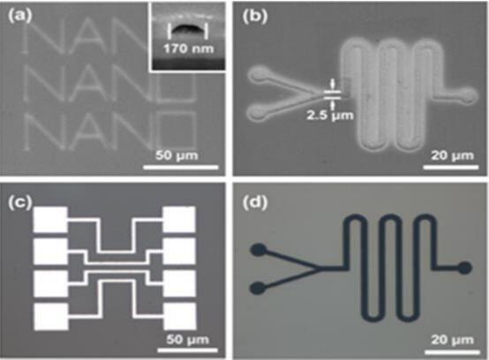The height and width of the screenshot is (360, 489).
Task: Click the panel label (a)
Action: [20, 16]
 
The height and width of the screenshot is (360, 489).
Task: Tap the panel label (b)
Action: [255, 17]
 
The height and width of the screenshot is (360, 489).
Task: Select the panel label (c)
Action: [20, 203]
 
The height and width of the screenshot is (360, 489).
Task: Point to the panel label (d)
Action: [255, 203]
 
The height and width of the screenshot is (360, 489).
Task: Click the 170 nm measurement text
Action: [189, 49]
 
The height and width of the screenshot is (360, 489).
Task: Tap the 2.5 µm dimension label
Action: [330, 116]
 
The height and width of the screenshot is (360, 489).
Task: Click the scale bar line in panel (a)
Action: [181, 168]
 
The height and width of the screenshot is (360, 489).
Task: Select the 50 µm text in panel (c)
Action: [187, 340]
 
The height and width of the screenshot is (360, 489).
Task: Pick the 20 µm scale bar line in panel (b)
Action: [450, 168]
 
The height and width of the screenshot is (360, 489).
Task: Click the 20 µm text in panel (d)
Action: [452, 340]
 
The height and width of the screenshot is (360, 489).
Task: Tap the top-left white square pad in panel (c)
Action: [50, 220]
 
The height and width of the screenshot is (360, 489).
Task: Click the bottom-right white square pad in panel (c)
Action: [180, 316]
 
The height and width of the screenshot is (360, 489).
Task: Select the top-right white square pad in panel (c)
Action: [179, 220]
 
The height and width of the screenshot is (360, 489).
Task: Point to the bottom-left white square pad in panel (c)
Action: [51, 317]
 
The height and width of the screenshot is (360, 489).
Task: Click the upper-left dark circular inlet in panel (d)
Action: [259, 251]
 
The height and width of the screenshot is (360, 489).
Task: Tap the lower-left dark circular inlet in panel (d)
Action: [259, 288]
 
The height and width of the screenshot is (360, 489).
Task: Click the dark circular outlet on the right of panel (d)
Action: [464, 268]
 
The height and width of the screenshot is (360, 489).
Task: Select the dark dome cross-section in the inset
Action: [187, 29]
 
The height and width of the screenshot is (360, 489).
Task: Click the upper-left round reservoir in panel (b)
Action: [258, 75]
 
